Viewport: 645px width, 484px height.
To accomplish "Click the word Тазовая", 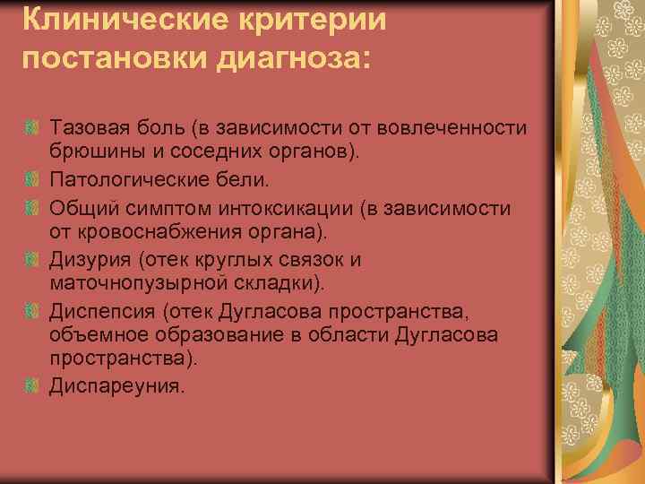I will [x=88, y=128].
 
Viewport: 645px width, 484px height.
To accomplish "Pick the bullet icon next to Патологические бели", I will [x=32, y=181].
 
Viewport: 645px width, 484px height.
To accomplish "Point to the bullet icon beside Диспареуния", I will [x=32, y=387].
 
